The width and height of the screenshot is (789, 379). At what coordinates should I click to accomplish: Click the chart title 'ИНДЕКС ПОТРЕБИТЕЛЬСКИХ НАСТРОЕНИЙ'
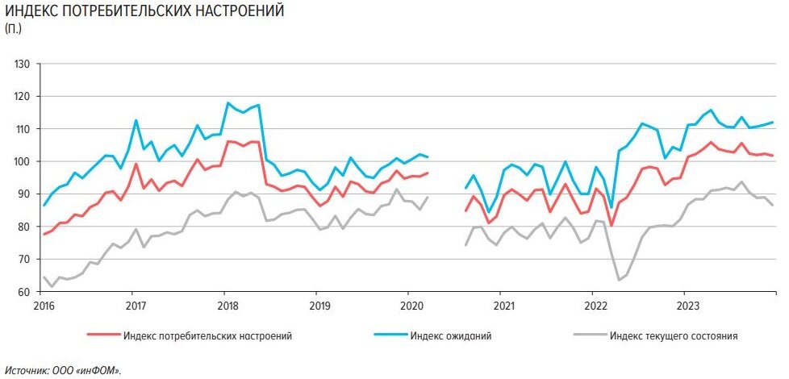click(144, 12)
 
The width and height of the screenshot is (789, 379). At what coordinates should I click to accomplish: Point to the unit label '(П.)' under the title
click(14, 29)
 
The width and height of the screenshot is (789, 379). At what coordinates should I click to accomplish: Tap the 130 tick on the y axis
click(22, 64)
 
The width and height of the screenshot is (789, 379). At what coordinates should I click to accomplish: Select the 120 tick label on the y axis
click(22, 96)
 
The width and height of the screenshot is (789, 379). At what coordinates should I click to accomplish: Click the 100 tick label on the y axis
click(22, 161)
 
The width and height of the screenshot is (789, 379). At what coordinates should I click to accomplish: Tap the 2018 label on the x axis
click(227, 306)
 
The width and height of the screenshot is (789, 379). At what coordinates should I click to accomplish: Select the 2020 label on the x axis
click(410, 306)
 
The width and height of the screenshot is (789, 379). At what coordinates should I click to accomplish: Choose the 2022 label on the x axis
click(592, 306)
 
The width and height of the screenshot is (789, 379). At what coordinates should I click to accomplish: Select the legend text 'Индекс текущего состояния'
click(674, 335)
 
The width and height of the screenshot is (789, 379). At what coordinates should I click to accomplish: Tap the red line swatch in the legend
click(102, 335)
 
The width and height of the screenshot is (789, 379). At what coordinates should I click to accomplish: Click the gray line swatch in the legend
click(587, 335)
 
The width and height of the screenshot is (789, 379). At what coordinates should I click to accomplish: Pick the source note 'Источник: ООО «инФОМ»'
click(62, 370)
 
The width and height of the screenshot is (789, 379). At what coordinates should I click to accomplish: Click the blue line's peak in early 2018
click(228, 103)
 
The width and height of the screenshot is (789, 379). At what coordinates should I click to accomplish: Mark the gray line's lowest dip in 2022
click(619, 280)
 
